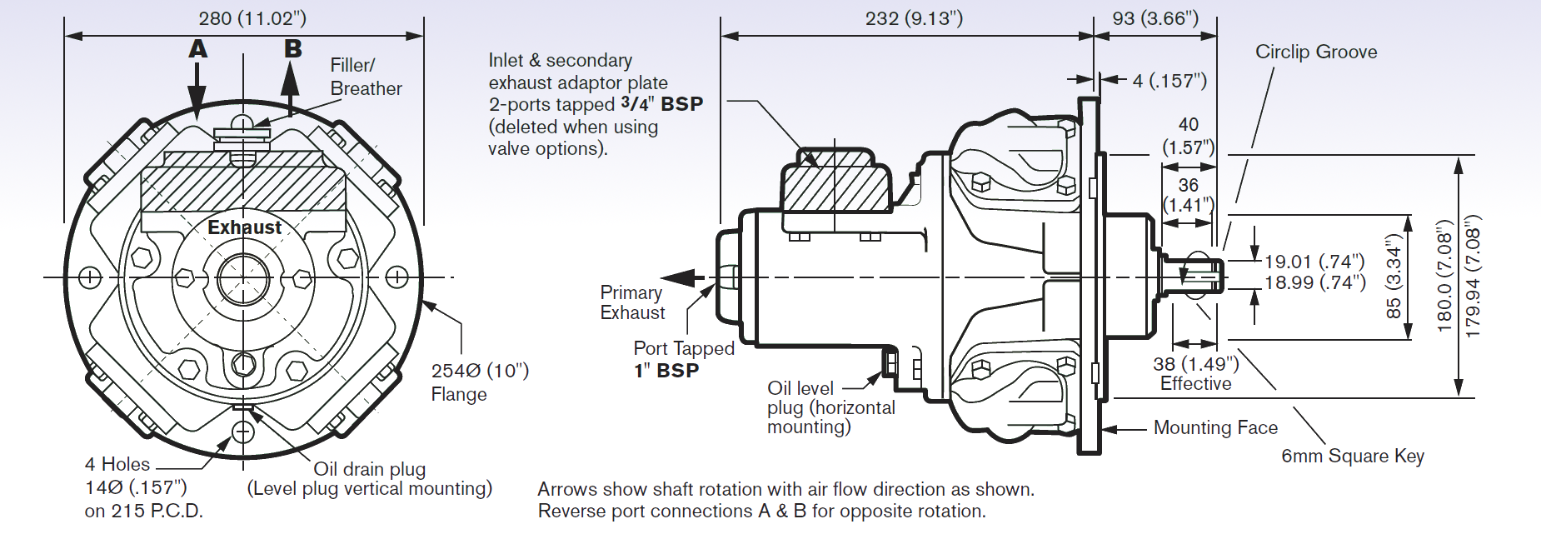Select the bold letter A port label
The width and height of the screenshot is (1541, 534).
click(x=197, y=49)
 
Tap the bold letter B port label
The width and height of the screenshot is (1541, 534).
click(x=292, y=49)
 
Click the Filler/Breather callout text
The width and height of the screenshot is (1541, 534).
click(x=365, y=77)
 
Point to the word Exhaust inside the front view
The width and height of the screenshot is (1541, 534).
click(x=244, y=227)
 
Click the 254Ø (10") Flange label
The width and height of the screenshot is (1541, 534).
click(x=478, y=382)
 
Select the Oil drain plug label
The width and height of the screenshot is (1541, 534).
click(x=369, y=469)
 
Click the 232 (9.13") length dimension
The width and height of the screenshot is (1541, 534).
click(x=914, y=18)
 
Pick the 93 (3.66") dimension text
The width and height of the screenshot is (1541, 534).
click(x=1155, y=18)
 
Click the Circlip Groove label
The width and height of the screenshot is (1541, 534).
click(x=1315, y=52)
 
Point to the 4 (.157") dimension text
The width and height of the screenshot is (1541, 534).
click(x=1169, y=81)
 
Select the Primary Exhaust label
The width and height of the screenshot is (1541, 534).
click(x=632, y=302)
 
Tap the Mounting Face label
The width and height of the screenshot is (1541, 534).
click(x=1214, y=428)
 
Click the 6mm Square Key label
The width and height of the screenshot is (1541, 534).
click(x=1352, y=456)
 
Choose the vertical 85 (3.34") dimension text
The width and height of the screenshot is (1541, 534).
click(x=1394, y=277)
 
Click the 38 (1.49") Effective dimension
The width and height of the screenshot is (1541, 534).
click(x=1195, y=373)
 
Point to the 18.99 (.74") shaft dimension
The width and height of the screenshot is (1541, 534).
click(x=1314, y=283)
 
